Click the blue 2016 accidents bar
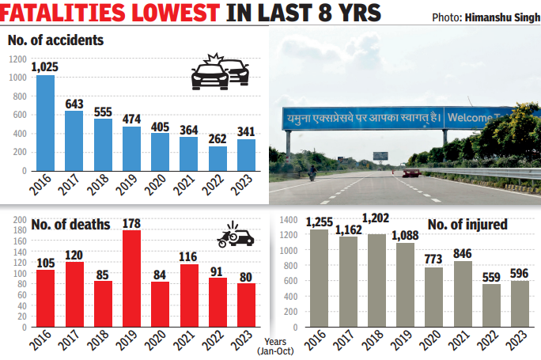pos(46,123)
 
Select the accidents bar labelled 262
pos(217,158)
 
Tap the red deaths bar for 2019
pos(131,279)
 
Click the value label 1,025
pos(45,67)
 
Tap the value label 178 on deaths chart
pos(132,222)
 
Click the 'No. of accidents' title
pos(55,40)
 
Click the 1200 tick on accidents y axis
pos(17,59)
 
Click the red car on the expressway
pos(410,172)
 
